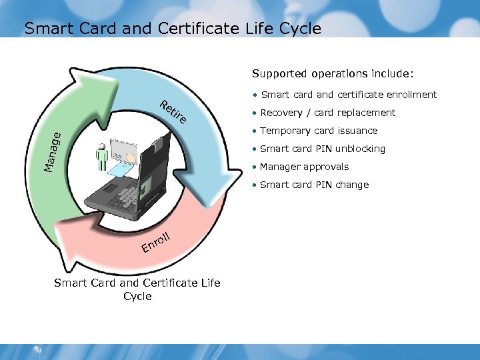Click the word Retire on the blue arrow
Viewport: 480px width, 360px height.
coord(173,114)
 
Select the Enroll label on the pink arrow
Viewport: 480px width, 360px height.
coord(157,243)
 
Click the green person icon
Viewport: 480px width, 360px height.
coord(101,159)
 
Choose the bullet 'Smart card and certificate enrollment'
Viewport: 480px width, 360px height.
coord(348,95)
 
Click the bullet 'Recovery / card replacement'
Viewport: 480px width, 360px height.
coord(327,113)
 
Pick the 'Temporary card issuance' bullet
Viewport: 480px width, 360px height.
coord(319,131)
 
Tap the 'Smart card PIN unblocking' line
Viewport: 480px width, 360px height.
coord(322,149)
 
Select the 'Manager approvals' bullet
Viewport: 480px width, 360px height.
coord(304,167)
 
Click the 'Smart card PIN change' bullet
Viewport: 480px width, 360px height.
coord(314,185)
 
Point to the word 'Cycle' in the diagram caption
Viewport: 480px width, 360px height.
coord(137,297)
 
